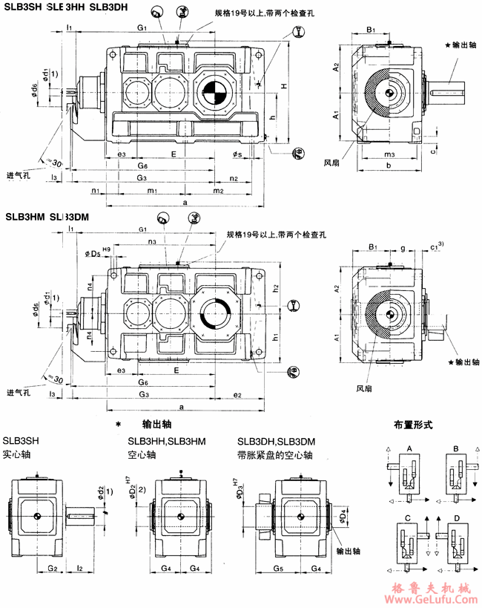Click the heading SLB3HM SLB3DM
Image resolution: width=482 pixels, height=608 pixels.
coord(47,218)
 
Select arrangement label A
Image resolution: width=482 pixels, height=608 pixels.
coord(410,448)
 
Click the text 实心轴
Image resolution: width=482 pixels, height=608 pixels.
coord(16,452)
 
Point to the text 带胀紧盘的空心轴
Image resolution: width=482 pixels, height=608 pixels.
coord(274,452)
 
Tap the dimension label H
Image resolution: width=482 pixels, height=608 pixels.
coord(284,87)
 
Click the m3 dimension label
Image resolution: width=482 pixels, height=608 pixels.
coord(389,153)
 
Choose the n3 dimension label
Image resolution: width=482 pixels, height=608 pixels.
coord(151,242)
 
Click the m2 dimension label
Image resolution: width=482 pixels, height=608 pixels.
coord(218,191)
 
